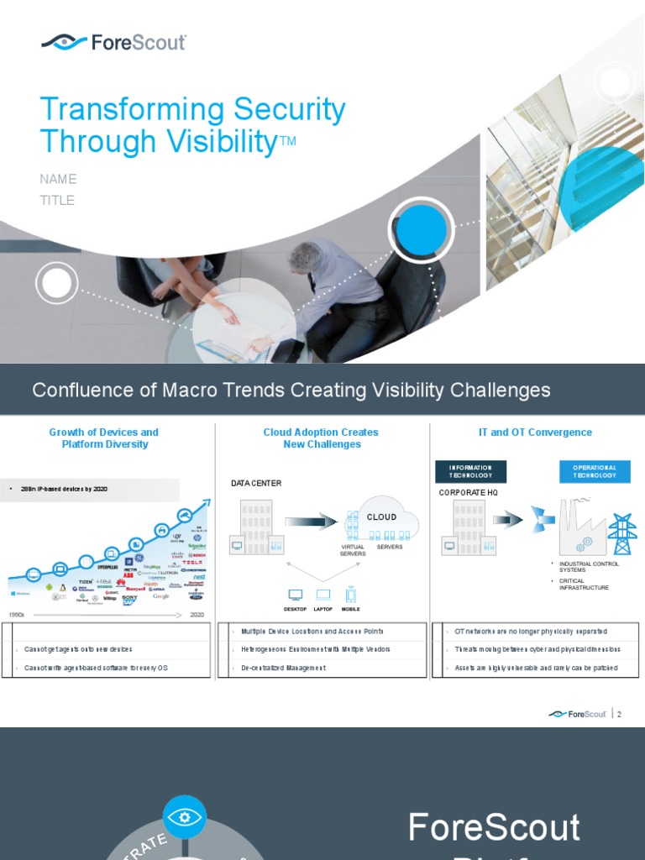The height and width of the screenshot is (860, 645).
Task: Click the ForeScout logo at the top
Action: [114, 42]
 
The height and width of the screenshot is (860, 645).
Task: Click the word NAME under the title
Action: [58, 179]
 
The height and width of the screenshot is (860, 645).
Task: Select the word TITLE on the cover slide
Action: [57, 200]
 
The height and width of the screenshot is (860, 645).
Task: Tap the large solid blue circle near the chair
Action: [421, 230]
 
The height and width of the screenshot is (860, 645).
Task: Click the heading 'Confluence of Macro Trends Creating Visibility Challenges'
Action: [291, 390]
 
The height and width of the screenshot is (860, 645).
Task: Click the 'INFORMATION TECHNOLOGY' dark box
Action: [470, 471]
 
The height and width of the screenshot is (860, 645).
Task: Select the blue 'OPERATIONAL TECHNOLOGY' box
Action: [595, 471]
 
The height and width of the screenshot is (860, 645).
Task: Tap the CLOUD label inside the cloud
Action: [381, 517]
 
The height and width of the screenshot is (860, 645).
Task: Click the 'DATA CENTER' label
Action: [256, 484]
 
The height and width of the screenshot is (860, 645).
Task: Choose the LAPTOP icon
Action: [323, 595]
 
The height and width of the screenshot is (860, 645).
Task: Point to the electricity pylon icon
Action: [622, 534]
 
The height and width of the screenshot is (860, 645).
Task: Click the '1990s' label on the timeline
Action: [16, 615]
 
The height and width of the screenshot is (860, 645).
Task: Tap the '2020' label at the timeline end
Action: [197, 615]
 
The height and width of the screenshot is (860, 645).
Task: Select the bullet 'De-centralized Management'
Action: [283, 668]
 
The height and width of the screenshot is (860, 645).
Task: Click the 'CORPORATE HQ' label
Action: [469, 493]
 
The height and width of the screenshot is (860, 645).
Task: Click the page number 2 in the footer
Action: [620, 714]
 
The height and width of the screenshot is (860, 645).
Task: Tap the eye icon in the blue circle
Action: [185, 815]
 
